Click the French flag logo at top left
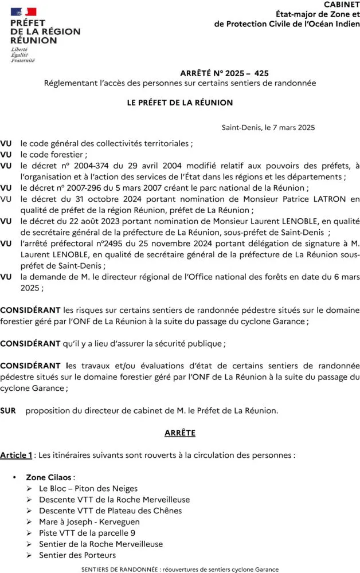pyautogui.click(x=24, y=11)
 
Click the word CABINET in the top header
pyautogui.click(x=342, y=4)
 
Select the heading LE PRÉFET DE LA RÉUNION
pyautogui.click(x=180, y=103)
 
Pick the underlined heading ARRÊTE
pyautogui.click(x=180, y=433)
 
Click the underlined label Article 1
pyautogui.click(x=16, y=455)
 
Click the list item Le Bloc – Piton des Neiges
pyautogui.click(x=88, y=489)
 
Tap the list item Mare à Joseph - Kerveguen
pyautogui.click(x=89, y=522)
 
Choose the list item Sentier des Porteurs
pyautogui.click(x=77, y=555)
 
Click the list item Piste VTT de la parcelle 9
pyautogui.click(x=87, y=533)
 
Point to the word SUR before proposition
pyautogui.click(x=8, y=411)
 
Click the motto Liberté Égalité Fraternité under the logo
pyautogui.click(x=23, y=55)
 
